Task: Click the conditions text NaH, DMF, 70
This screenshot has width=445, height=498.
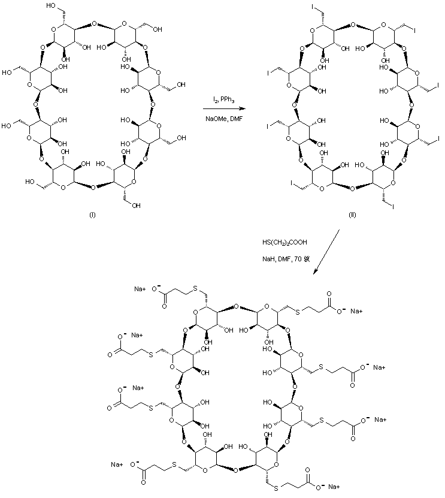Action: tap(285, 259)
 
